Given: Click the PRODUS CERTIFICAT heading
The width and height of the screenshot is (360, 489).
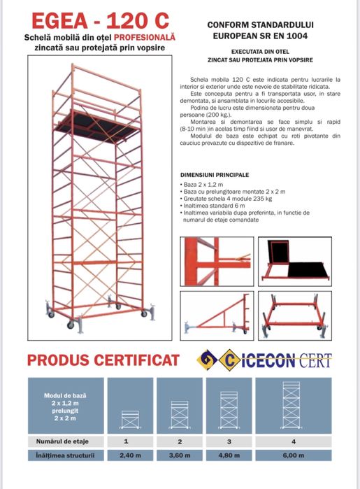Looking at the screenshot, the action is point(102,360).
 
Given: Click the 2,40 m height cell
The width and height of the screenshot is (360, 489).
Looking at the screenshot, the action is point(126,456).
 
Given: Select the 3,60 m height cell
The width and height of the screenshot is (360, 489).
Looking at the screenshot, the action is point(180,456).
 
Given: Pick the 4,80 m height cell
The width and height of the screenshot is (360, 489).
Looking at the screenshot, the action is point(229,456).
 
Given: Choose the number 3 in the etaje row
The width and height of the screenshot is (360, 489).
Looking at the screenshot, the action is point(229,441).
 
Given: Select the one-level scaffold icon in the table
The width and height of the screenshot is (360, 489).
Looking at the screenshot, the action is point(129,418).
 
